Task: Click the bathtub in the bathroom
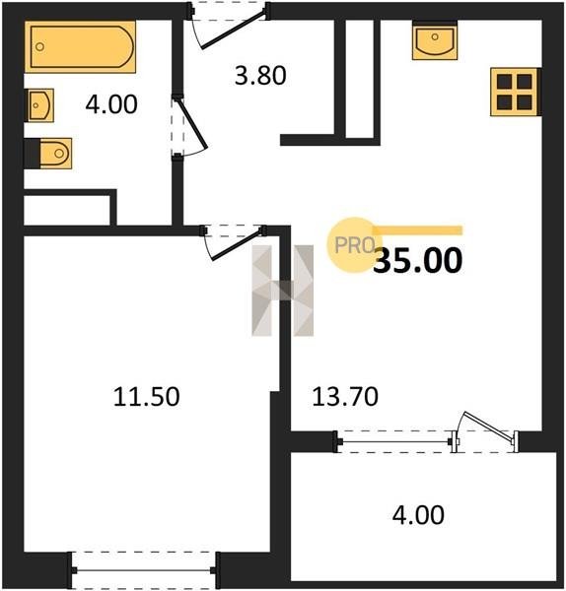click(x=81, y=46)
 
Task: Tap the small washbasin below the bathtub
click(x=39, y=105)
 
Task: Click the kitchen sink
click(x=435, y=40)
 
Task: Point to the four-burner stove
click(x=515, y=92)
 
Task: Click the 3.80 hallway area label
click(x=260, y=76)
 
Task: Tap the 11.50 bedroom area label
click(x=146, y=397)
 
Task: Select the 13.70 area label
click(x=345, y=397)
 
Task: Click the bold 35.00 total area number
click(x=418, y=260)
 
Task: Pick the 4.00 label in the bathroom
click(x=111, y=104)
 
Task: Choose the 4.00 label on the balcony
click(x=418, y=515)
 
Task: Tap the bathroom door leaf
click(x=191, y=123)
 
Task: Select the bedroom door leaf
click(x=238, y=244)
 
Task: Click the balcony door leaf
click(x=490, y=426)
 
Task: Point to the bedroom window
click(x=144, y=570)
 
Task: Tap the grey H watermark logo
click(x=282, y=291)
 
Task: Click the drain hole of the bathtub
click(x=39, y=47)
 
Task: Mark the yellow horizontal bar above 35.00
click(x=417, y=230)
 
